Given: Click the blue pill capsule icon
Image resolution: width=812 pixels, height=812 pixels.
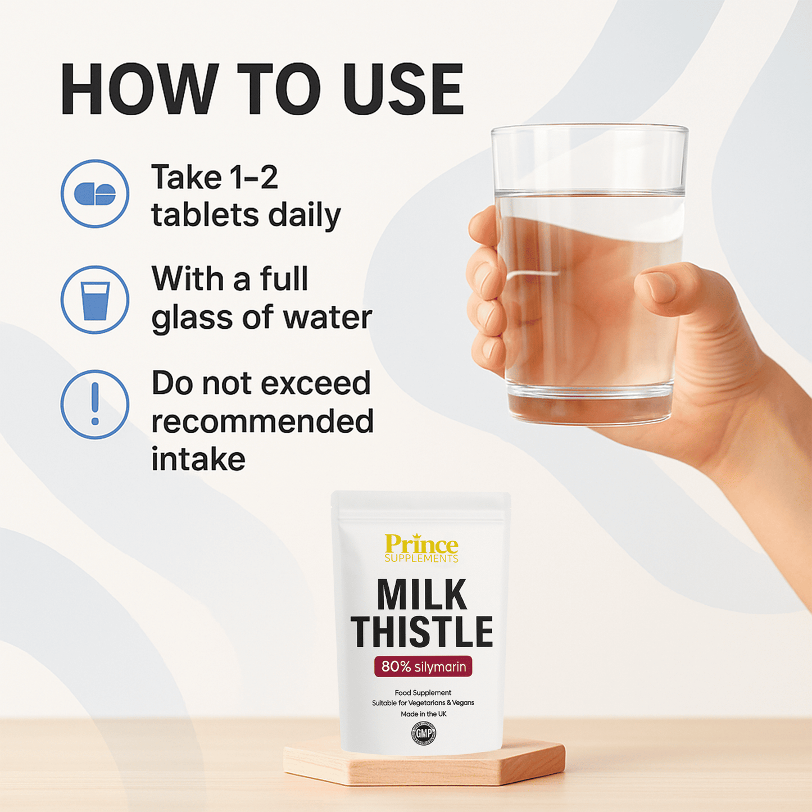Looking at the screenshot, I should (95, 194).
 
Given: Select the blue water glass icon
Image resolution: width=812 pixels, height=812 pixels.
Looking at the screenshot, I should (95, 300).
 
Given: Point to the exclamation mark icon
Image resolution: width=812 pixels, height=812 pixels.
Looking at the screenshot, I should (95, 404).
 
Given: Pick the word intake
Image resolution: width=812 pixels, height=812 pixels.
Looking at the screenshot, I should (198, 460).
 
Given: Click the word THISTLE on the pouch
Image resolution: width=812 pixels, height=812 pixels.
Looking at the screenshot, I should (422, 632).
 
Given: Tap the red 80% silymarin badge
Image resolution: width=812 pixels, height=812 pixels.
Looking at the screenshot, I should (423, 666).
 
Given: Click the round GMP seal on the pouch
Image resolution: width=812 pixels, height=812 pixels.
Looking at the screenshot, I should (424, 733).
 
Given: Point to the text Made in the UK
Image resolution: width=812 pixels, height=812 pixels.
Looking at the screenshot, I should (423, 714).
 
